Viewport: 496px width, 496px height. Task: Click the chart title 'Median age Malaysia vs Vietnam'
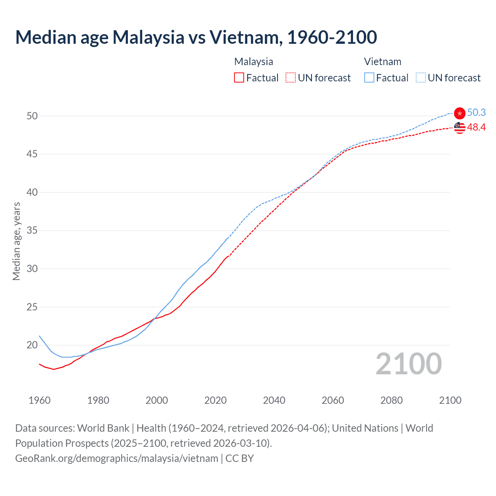click(196, 37)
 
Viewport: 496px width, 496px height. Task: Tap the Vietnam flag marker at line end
click(460, 113)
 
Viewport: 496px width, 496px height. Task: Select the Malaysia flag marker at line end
click(460, 127)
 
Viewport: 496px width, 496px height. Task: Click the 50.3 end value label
click(476, 112)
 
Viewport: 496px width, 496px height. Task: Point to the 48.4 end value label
click(476, 127)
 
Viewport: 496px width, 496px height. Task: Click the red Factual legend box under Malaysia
click(239, 78)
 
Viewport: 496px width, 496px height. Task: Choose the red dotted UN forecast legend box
click(291, 78)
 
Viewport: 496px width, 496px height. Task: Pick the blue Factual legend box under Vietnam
click(369, 78)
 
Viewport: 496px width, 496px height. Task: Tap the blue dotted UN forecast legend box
click(421, 78)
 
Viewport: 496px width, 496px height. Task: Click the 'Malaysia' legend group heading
click(253, 62)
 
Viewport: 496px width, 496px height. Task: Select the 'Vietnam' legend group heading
click(382, 62)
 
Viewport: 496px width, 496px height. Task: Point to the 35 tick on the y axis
click(32, 231)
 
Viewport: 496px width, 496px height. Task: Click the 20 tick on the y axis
click(32, 345)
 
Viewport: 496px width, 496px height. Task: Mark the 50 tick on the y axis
click(32, 116)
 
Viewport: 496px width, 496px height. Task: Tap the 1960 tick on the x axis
click(40, 400)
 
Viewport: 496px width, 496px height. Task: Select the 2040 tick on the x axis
click(274, 400)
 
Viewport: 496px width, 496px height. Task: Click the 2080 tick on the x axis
click(391, 400)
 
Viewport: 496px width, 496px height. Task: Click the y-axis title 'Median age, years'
click(16, 241)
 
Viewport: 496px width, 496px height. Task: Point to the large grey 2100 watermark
click(408, 364)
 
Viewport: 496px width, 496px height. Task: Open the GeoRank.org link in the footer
click(117, 458)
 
